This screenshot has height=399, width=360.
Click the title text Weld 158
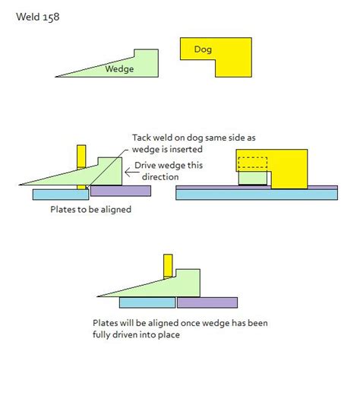38,17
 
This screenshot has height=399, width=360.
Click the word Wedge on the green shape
119,69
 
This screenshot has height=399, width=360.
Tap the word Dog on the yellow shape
203,49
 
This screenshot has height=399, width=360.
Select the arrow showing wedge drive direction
132,173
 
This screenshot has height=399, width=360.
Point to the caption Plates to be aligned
91,210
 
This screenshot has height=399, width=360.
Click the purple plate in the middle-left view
121,191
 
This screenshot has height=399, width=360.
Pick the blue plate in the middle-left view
61,195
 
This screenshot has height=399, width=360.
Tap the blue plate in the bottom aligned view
147,302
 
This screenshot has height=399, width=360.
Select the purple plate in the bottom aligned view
207,302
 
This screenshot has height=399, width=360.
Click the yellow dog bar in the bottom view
168,266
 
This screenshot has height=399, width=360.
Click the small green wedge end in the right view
253,178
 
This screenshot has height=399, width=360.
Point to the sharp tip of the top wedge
55,77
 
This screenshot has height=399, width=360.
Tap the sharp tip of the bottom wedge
97,296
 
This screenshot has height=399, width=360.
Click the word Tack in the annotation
141,138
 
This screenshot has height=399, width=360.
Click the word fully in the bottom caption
101,334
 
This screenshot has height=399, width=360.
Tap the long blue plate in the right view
257,195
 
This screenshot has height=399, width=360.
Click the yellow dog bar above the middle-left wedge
81,157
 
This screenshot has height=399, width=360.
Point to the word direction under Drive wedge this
160,177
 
